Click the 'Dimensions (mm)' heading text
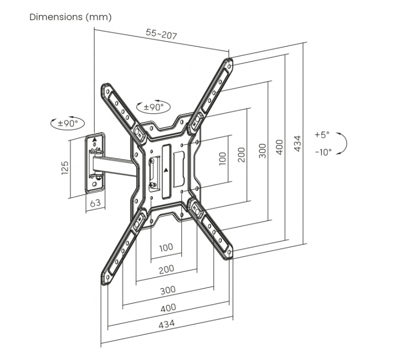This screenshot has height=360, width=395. pos(71,17)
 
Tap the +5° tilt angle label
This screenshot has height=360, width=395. pos(321,135)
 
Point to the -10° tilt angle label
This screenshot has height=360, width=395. pos(323,152)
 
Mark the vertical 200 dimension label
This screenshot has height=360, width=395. pos(242,155)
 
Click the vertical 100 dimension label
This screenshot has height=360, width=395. pos(223,158)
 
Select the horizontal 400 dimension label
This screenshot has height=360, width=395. pos(168,308)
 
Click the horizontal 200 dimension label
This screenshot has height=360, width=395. pos(166,269)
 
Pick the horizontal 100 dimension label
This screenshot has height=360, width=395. pos(166,247)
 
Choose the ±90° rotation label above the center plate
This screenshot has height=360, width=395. pos(153,107)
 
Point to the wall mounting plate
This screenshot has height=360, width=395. pos(96,163)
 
